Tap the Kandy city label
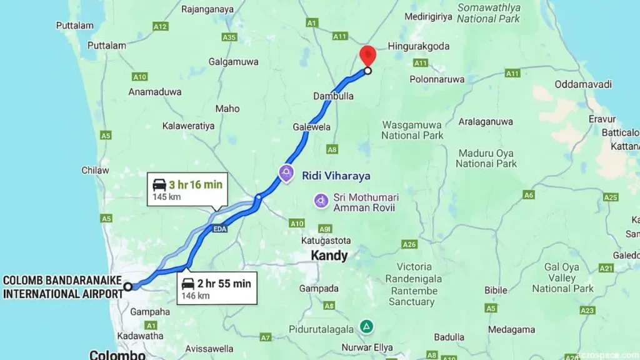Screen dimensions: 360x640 pyautogui.click(x=329, y=256)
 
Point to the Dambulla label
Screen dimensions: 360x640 pyautogui.click(x=333, y=96)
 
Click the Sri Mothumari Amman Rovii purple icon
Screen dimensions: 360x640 pyautogui.click(x=321, y=201)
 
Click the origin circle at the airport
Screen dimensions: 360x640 pyautogui.click(x=127, y=286)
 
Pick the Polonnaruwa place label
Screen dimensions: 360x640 pyautogui.click(x=437, y=79)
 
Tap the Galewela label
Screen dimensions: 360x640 pyautogui.click(x=311, y=127)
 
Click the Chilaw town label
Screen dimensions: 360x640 pyautogui.click(x=95, y=170)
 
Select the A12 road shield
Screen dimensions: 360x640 pyautogui.click(x=161, y=26)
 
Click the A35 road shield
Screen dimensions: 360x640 pyautogui.click(x=229, y=37)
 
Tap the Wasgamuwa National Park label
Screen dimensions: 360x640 pyautogui.click(x=412, y=130)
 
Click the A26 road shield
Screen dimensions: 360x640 pyautogui.click(x=409, y=244)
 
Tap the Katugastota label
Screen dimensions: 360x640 pyautogui.click(x=325, y=241)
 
